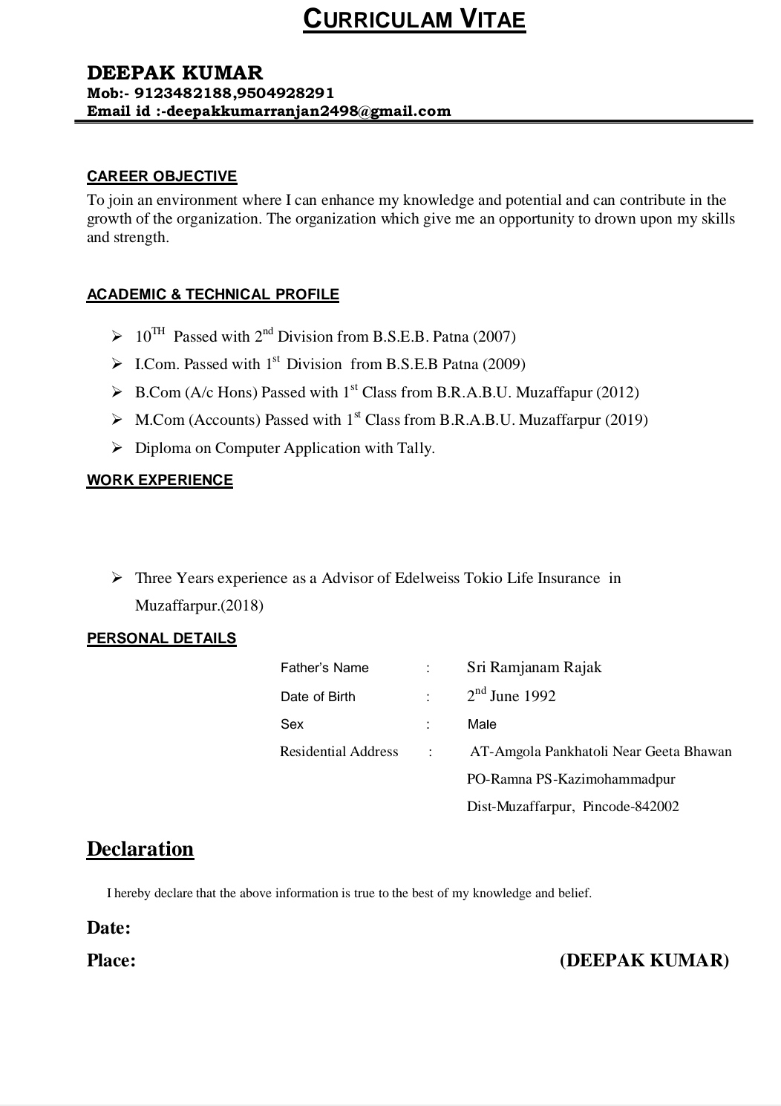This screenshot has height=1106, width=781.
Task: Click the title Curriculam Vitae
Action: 414,19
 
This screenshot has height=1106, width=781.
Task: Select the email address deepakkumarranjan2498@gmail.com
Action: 309,111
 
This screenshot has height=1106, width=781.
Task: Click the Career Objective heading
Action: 162,176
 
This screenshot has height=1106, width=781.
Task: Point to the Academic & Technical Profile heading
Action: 213,294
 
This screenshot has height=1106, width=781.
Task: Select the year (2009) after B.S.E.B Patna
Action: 504,364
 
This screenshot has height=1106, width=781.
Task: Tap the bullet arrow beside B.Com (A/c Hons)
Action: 117,392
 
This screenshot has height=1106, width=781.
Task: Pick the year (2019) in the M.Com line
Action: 627,420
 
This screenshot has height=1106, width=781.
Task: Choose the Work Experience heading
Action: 160,480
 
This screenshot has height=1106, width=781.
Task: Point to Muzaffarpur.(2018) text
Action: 199,605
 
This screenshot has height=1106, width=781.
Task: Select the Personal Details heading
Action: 162,638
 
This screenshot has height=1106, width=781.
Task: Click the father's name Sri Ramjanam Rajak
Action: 534,667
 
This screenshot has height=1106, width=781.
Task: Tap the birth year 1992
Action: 540,696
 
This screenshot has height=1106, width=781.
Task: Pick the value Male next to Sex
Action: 482,724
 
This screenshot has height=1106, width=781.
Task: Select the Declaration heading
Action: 140,849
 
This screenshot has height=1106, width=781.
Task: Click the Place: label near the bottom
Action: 111,960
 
